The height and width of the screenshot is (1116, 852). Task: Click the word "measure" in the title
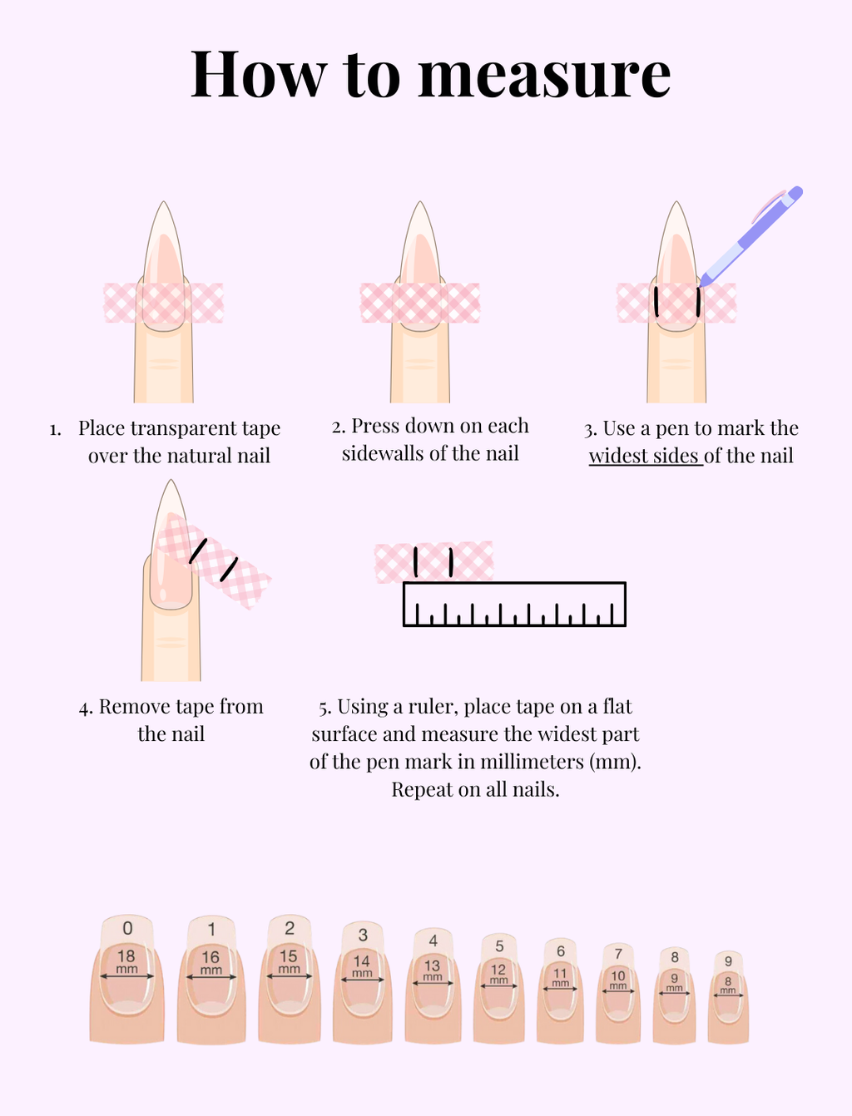click(x=544, y=76)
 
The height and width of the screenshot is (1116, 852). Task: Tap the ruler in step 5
click(x=513, y=604)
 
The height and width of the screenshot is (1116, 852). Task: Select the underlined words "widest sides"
click(x=645, y=456)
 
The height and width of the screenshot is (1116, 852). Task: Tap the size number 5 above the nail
click(x=499, y=946)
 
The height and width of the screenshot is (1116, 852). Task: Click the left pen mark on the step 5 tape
click(x=415, y=561)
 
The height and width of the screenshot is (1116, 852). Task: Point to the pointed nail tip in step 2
click(x=420, y=213)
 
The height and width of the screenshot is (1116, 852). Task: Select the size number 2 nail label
click(x=290, y=928)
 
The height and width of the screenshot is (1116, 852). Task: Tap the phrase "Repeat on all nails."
click(x=475, y=789)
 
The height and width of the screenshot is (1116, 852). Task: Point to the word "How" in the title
click(x=258, y=76)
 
